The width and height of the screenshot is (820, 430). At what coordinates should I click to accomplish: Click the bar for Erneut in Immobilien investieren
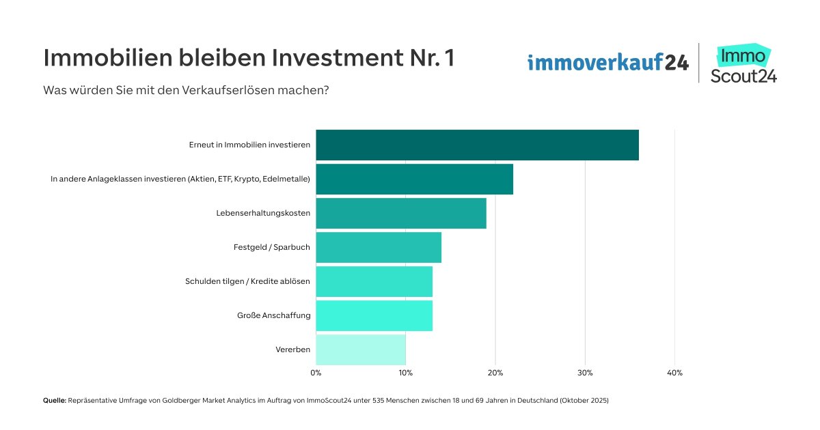point(477,145)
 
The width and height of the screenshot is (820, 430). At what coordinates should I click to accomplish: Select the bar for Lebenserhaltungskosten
point(401,213)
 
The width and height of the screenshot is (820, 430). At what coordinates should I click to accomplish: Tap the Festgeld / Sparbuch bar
point(379,247)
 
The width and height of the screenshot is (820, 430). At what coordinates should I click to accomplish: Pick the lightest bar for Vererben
point(361,349)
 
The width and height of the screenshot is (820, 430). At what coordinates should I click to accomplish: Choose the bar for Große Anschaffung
point(374,315)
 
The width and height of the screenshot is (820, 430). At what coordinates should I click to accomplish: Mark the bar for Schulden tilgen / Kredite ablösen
point(374,281)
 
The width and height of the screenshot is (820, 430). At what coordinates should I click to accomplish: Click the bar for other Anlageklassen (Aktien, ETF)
point(414,179)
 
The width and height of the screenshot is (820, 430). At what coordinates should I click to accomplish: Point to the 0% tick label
point(316,373)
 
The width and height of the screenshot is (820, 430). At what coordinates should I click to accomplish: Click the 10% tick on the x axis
point(405,373)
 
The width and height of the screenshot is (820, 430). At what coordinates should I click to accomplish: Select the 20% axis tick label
point(495,373)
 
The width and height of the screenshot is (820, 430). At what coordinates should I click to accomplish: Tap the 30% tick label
point(585,373)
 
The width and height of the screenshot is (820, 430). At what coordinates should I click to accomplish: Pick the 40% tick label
point(674,373)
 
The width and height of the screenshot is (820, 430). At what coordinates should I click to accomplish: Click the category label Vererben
point(292,349)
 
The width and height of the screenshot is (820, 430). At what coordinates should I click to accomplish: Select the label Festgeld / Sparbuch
point(271,247)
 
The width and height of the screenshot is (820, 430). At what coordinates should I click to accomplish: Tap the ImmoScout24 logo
point(743,63)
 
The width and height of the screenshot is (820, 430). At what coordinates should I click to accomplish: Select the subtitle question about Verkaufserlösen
point(186,89)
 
